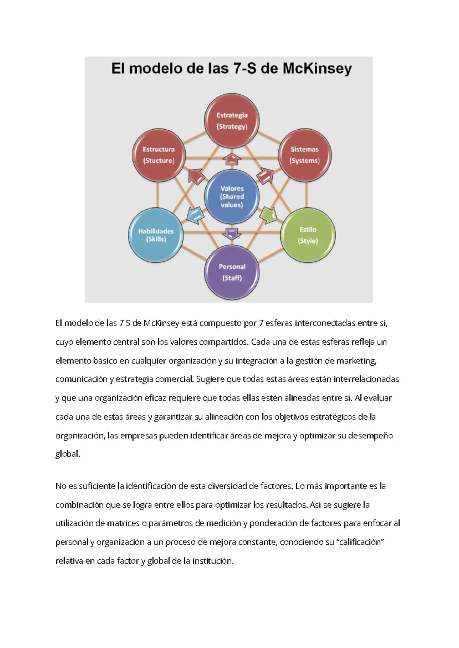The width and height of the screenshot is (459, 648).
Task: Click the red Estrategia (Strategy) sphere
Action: (x=232, y=120)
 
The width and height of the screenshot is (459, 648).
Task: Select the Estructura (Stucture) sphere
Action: (x=159, y=155)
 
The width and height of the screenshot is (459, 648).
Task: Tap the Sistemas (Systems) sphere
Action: (x=304, y=155)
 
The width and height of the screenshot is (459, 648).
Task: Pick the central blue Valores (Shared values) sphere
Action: (x=232, y=197)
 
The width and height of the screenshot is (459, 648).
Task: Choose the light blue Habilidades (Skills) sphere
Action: (x=156, y=235)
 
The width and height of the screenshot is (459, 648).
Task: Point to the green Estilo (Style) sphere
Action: (x=308, y=235)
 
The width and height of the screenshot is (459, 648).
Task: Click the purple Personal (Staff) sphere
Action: (x=232, y=272)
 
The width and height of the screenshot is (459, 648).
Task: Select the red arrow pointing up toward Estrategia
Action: (x=232, y=158)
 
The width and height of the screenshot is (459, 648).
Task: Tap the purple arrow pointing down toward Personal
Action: (x=232, y=233)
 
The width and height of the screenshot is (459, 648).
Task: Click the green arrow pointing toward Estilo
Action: (x=268, y=215)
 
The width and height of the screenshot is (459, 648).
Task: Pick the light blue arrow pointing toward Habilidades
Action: (x=195, y=215)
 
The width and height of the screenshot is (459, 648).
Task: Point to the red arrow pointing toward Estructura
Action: (x=196, y=177)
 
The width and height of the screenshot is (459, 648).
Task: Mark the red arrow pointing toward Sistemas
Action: (x=265, y=176)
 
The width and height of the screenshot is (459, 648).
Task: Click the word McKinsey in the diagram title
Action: (x=317, y=69)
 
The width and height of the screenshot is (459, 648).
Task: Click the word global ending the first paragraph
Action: (x=68, y=454)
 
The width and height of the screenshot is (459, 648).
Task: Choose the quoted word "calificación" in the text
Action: (x=359, y=542)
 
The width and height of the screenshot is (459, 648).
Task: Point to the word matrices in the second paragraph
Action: (x=123, y=523)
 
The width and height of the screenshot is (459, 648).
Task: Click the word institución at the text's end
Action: (x=213, y=561)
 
